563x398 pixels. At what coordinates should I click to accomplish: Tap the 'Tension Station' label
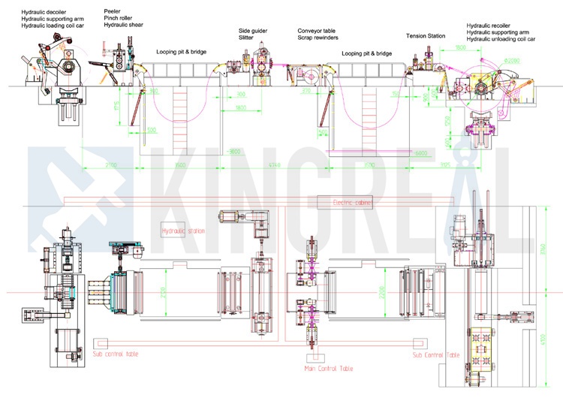pyautogui.click(x=426, y=35)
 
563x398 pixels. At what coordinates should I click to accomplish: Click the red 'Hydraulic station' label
pyautogui.click(x=183, y=231)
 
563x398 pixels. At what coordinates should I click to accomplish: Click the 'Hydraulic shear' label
pyautogui.click(x=124, y=26)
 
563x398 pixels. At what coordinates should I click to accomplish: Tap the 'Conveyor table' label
pyautogui.click(x=317, y=31)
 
